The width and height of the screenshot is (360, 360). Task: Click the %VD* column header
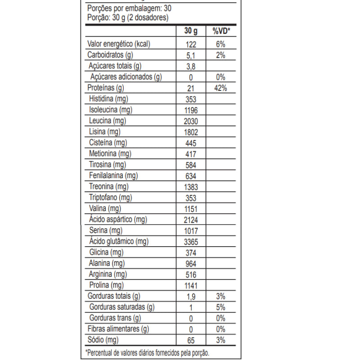(x=221, y=31)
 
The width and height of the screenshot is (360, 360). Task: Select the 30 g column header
(x=191, y=31)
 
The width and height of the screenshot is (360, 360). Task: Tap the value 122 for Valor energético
(x=191, y=45)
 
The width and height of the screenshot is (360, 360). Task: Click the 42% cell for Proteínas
(x=221, y=88)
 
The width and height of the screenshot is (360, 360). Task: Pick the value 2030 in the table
(x=191, y=121)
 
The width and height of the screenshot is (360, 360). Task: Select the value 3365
(x=191, y=242)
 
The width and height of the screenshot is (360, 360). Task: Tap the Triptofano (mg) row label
(x=110, y=198)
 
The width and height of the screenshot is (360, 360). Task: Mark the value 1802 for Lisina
(x=191, y=132)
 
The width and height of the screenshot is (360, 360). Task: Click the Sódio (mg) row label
(x=103, y=340)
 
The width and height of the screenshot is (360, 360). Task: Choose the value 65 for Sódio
(x=191, y=340)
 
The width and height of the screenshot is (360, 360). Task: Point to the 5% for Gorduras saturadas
(x=221, y=308)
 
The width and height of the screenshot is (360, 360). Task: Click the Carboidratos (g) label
(x=110, y=55)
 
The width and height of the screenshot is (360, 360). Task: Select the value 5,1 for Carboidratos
(x=191, y=56)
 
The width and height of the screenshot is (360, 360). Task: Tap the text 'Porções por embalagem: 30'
(x=129, y=9)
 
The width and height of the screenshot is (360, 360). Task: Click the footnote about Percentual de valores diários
(x=147, y=352)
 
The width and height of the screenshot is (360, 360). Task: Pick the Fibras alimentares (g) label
(x=118, y=329)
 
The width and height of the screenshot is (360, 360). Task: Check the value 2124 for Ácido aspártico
(x=191, y=220)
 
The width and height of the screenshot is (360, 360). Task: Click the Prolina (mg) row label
(x=106, y=285)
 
